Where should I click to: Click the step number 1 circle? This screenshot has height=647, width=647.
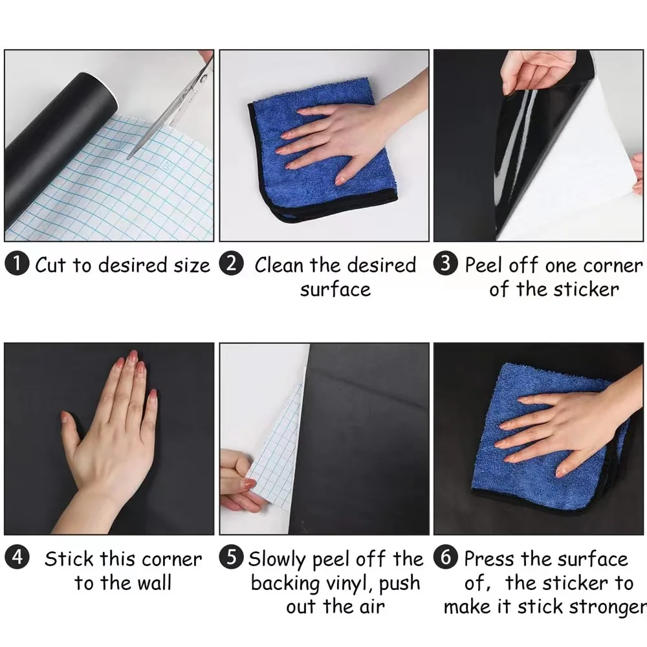17,265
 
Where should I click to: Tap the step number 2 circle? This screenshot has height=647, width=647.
231,265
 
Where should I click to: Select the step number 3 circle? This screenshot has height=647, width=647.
445,265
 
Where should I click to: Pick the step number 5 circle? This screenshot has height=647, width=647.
232,558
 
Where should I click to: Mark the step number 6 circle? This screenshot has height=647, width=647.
445,558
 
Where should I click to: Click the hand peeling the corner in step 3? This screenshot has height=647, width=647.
534,71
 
